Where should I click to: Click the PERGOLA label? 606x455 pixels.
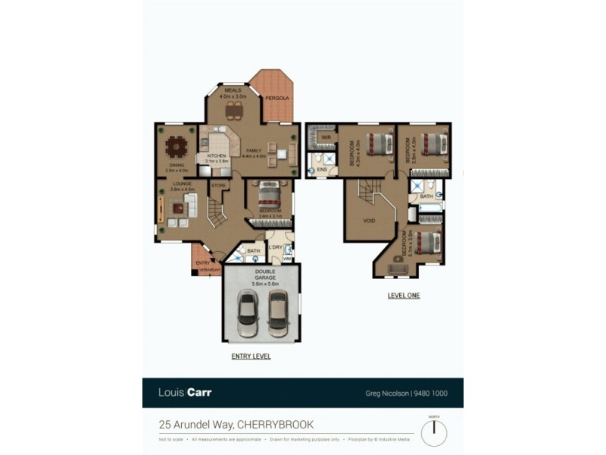click(x=276, y=98)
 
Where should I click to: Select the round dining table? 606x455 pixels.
click(x=177, y=145)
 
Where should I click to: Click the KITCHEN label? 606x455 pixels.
click(x=217, y=156)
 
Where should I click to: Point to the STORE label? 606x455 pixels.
click(x=218, y=185)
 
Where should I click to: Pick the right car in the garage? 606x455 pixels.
click(x=278, y=312)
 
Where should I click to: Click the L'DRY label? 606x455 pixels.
click(x=275, y=248)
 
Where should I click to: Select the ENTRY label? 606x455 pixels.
click(x=202, y=262)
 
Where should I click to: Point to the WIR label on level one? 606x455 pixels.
click(x=325, y=137)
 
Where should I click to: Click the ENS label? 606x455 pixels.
click(x=321, y=170)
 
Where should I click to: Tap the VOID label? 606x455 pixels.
click(x=369, y=221)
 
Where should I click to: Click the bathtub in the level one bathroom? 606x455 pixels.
click(x=429, y=207)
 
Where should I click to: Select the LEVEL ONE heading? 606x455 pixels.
click(x=403, y=296)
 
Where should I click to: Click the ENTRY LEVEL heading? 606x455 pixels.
click(x=251, y=356)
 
